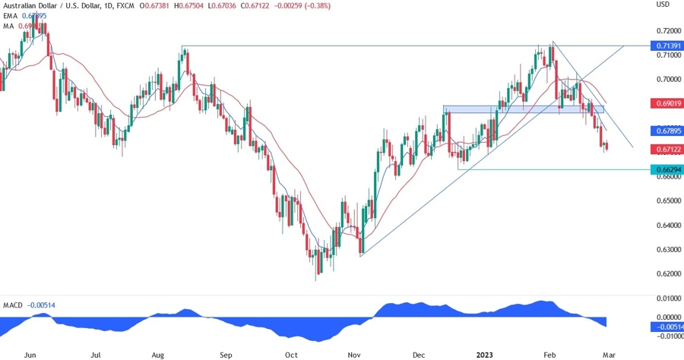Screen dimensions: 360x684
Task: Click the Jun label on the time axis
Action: click(30, 354)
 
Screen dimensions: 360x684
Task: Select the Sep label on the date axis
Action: click(226, 354)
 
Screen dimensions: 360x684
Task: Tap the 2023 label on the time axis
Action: click(484, 354)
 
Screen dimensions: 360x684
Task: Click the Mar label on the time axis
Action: click(609, 354)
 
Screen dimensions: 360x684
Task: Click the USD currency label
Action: click(663, 5)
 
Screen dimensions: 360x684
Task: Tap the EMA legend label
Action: click(11, 15)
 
